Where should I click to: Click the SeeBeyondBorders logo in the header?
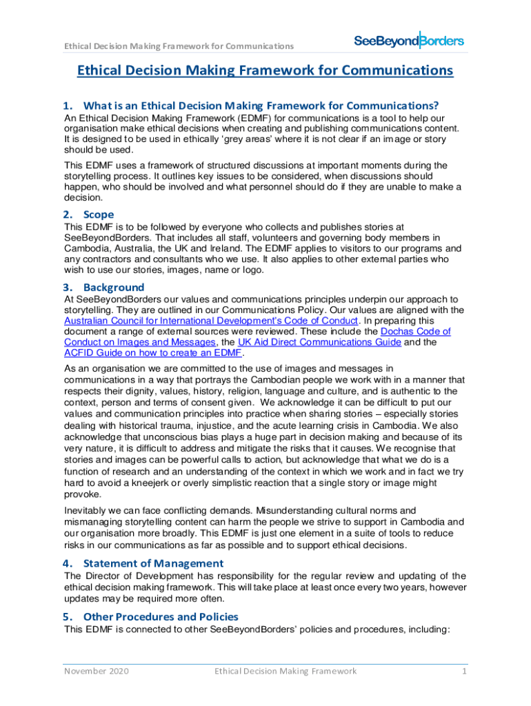pyautogui.click(x=408, y=41)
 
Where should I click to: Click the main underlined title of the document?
pyautogui.click(x=265, y=70)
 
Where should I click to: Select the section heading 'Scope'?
pyautogui.click(x=99, y=214)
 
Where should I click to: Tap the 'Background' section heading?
pyautogui.click(x=114, y=287)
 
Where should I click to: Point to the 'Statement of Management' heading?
pyautogui.click(x=153, y=563)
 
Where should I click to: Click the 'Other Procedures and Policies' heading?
pyautogui.click(x=161, y=616)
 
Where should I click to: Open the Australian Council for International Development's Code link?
pyautogui.click(x=211, y=321)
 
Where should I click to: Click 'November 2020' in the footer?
pyautogui.click(x=97, y=671)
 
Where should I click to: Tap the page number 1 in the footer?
pyautogui.click(x=465, y=671)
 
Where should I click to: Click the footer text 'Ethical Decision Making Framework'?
pyautogui.click(x=285, y=671)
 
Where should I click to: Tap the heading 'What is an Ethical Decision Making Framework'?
pyautogui.click(x=261, y=106)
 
